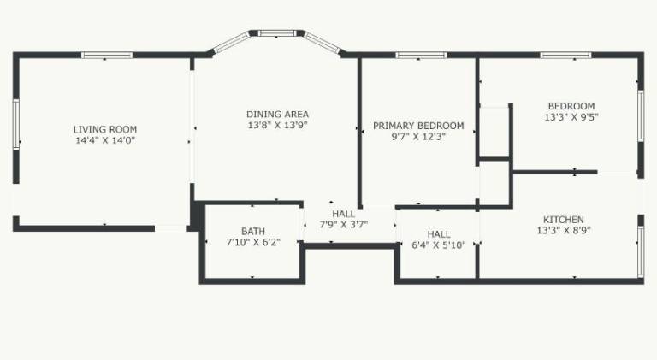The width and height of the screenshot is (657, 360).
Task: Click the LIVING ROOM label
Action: tap(105, 129)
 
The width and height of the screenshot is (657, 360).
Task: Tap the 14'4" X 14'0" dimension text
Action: tap(105, 140)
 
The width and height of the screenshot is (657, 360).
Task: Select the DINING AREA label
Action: tap(277, 114)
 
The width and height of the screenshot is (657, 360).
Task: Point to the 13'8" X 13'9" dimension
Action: tap(277, 125)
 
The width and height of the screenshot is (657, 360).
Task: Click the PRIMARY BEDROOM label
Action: tap(418, 126)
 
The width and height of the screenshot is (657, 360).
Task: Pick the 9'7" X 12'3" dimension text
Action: tap(418, 137)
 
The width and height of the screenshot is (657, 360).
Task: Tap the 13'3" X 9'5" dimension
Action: tap(571, 117)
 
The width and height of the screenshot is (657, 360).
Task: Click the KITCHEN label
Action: tap(564, 220)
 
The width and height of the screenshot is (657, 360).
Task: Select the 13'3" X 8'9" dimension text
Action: tap(564, 230)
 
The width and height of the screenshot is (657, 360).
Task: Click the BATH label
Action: tap(253, 231)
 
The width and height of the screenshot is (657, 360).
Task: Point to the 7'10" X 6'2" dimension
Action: tap(253, 242)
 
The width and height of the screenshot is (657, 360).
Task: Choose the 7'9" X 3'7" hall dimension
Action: tap(344, 225)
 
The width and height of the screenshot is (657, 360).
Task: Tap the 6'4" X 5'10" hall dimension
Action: tap(439, 245)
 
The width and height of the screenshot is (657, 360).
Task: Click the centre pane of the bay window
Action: tap(277, 33)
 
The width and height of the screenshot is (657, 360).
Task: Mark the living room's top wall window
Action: tap(107, 55)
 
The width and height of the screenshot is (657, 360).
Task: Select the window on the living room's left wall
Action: tap(16, 124)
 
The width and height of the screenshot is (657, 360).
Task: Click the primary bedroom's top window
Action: tap(421, 55)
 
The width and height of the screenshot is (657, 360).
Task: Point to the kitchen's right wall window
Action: tap(641, 251)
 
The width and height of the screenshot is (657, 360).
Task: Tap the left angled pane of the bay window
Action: tap(231, 42)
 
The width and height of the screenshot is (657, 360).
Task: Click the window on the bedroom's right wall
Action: tap(641, 115)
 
